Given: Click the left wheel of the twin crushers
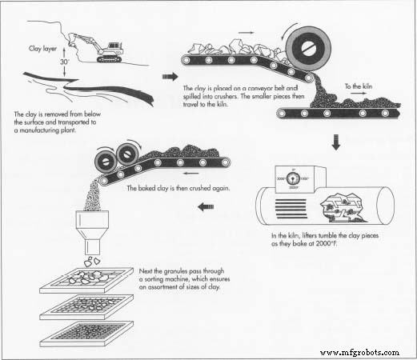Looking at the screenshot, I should (103, 156).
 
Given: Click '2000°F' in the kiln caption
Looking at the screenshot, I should (324, 254).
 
